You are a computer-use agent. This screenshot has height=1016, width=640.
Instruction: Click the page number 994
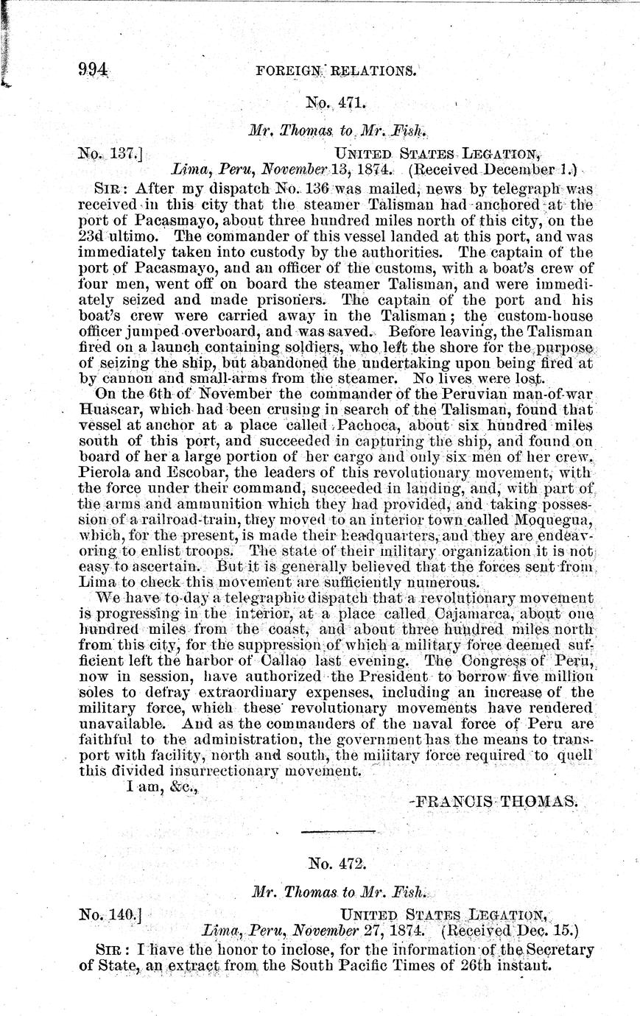click(94, 70)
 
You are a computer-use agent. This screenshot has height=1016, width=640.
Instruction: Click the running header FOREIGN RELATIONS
click(335, 71)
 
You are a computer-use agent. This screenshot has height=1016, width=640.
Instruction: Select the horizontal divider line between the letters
click(328, 832)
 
